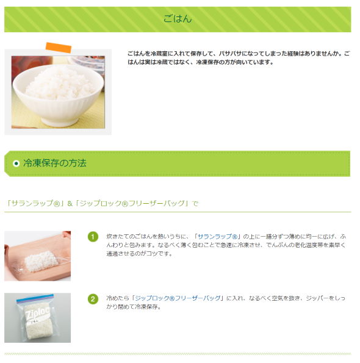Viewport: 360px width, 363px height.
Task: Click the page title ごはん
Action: tap(178, 19)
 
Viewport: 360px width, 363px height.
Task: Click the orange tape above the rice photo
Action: tap(59, 48)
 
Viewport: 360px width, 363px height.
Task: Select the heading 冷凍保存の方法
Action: tap(55, 163)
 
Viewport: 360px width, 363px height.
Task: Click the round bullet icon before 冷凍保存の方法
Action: tap(16, 164)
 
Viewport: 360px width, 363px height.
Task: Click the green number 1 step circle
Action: tap(93, 237)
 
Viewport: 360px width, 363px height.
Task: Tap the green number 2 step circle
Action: tap(93, 299)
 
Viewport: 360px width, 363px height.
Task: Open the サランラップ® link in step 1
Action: tap(218, 236)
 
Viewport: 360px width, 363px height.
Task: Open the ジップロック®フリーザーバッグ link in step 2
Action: tap(178, 298)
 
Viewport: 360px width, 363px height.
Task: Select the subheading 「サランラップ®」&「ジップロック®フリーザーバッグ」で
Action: tap(101, 203)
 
